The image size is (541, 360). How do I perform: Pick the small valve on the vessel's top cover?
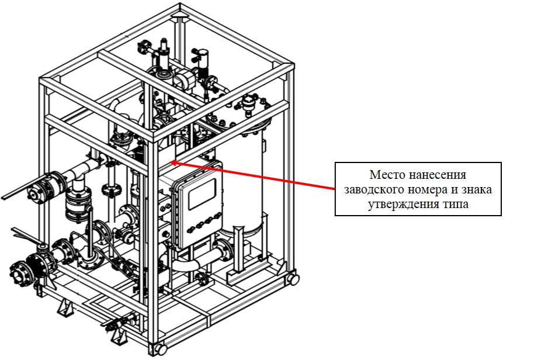pyautogui.click(x=251, y=101)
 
